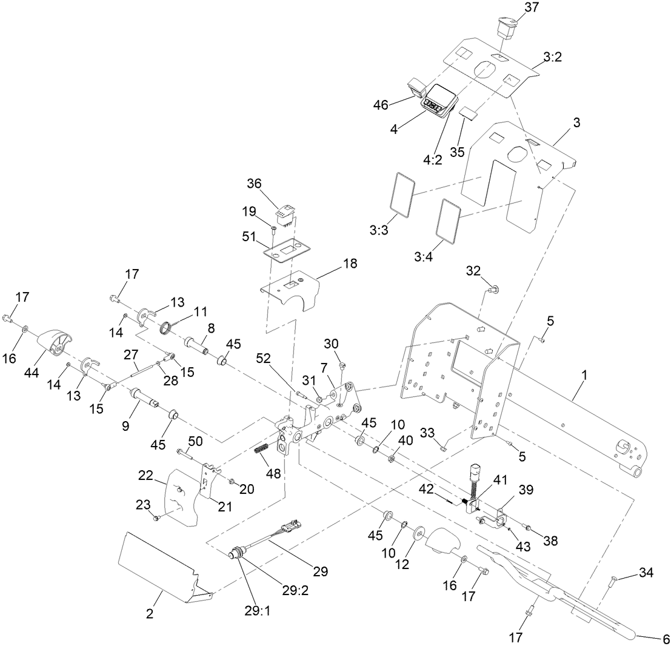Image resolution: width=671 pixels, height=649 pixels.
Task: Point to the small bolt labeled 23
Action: coord(156,518)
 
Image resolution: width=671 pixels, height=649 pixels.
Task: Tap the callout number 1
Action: coord(584,376)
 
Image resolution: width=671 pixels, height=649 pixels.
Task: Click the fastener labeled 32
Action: coord(492,289)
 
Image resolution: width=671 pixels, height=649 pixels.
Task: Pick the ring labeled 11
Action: coord(166,330)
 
